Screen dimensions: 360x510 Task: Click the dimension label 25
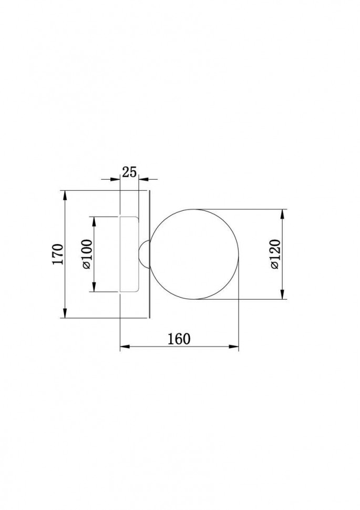(129, 172)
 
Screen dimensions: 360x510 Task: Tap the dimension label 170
(58, 254)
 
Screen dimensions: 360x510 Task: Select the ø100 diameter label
(87, 254)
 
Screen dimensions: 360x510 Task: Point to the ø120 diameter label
(275, 254)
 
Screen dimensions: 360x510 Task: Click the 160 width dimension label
(179, 339)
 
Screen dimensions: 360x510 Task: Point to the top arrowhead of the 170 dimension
(65, 196)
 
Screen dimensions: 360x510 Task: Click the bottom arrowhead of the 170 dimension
(65, 312)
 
